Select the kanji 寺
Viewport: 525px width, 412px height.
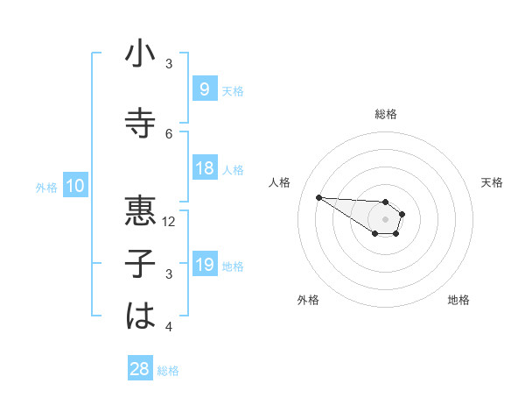click(x=140, y=123)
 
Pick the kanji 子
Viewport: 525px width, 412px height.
click(x=140, y=264)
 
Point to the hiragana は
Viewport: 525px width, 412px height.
click(x=140, y=316)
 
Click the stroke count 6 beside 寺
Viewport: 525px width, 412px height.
click(x=169, y=134)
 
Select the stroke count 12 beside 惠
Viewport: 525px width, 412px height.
click(x=169, y=222)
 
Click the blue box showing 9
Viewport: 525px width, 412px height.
click(x=204, y=89)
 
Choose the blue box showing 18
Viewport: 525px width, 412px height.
click(x=204, y=168)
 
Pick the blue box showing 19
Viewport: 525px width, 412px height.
click(x=204, y=265)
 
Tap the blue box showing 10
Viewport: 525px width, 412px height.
click(x=74, y=186)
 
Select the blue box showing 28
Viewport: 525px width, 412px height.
click(x=139, y=369)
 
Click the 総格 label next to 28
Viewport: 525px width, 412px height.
click(x=168, y=371)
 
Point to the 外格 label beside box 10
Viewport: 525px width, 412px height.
click(x=46, y=187)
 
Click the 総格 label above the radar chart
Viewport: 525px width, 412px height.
click(x=385, y=114)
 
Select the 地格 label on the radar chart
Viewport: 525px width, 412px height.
click(x=458, y=301)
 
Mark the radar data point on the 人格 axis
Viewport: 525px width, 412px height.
click(x=318, y=197)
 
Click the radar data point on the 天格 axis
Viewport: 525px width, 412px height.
click(x=402, y=214)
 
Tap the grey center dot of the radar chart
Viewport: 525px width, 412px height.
click(x=385, y=219)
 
